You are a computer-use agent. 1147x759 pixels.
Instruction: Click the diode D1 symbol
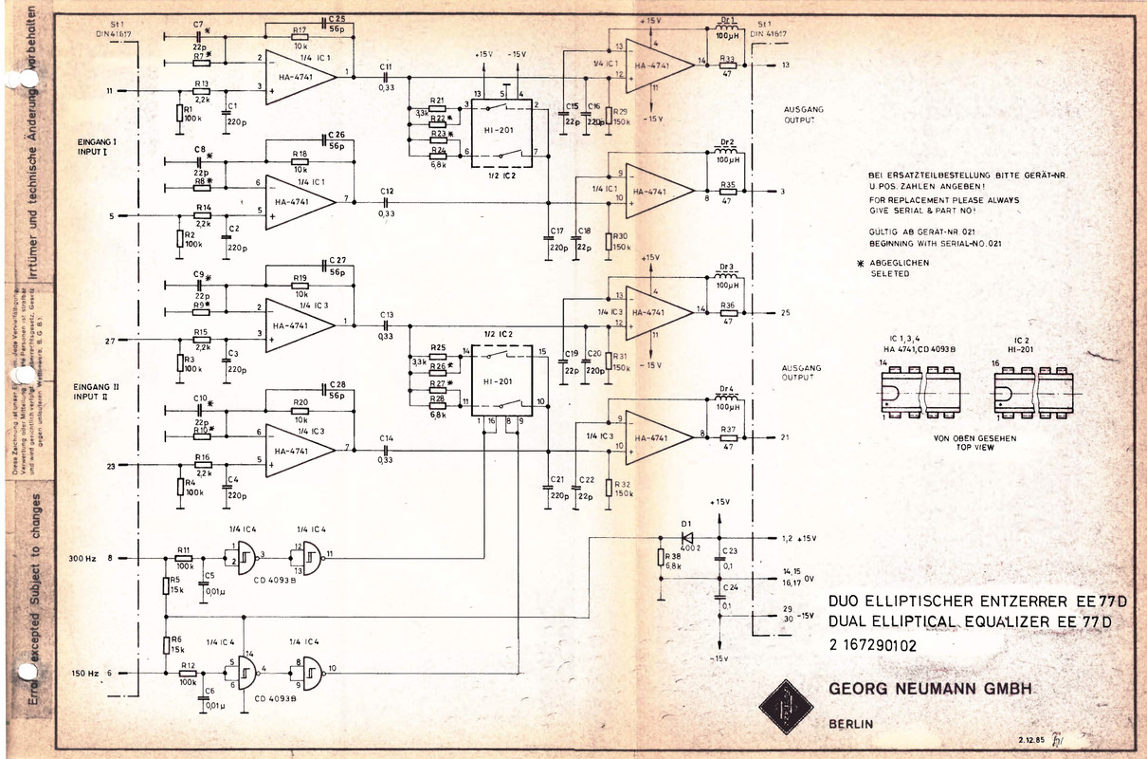click(686, 537)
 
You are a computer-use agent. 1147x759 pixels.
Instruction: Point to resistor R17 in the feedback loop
click(300, 37)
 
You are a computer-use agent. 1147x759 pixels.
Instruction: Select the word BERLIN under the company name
click(850, 725)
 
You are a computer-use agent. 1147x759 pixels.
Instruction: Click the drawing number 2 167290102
click(872, 645)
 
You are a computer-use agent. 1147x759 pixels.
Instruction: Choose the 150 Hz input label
click(85, 674)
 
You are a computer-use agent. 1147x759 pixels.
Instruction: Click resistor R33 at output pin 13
click(728, 65)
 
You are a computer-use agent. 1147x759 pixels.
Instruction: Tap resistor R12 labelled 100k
click(187, 674)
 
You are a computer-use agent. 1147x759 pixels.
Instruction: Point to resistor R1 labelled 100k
click(178, 114)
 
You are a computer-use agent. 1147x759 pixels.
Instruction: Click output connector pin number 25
click(785, 312)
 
